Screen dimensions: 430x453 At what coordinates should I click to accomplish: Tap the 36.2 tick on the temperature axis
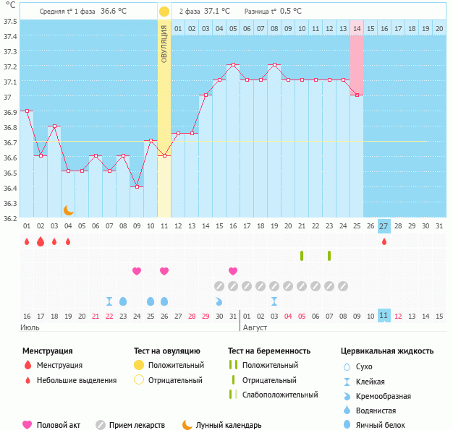click(x=9, y=218)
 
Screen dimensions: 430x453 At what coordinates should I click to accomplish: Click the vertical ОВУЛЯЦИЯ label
click(x=164, y=43)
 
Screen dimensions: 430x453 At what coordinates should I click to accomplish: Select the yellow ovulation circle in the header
click(x=164, y=12)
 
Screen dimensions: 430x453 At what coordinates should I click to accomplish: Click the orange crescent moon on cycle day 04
click(x=69, y=210)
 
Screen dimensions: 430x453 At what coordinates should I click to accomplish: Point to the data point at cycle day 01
click(x=27, y=111)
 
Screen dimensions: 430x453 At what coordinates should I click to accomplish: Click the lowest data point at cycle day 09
click(x=137, y=186)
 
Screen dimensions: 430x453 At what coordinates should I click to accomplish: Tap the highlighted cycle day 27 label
click(x=384, y=226)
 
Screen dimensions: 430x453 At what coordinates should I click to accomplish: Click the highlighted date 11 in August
click(x=384, y=316)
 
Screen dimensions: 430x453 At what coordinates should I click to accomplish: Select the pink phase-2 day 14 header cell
click(x=357, y=28)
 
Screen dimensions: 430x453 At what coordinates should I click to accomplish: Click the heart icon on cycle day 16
click(x=233, y=271)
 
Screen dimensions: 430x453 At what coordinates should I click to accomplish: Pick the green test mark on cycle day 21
click(x=302, y=256)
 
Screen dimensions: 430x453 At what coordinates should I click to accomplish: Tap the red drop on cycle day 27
click(x=384, y=241)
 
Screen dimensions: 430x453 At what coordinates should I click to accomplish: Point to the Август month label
click(x=255, y=327)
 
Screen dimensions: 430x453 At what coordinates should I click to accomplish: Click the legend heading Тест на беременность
click(x=268, y=351)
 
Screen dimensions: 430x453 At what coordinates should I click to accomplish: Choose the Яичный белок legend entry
click(x=386, y=425)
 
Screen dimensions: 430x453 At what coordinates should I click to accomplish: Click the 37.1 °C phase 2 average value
click(x=217, y=12)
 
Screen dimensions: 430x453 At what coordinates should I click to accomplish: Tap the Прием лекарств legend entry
click(x=137, y=425)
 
